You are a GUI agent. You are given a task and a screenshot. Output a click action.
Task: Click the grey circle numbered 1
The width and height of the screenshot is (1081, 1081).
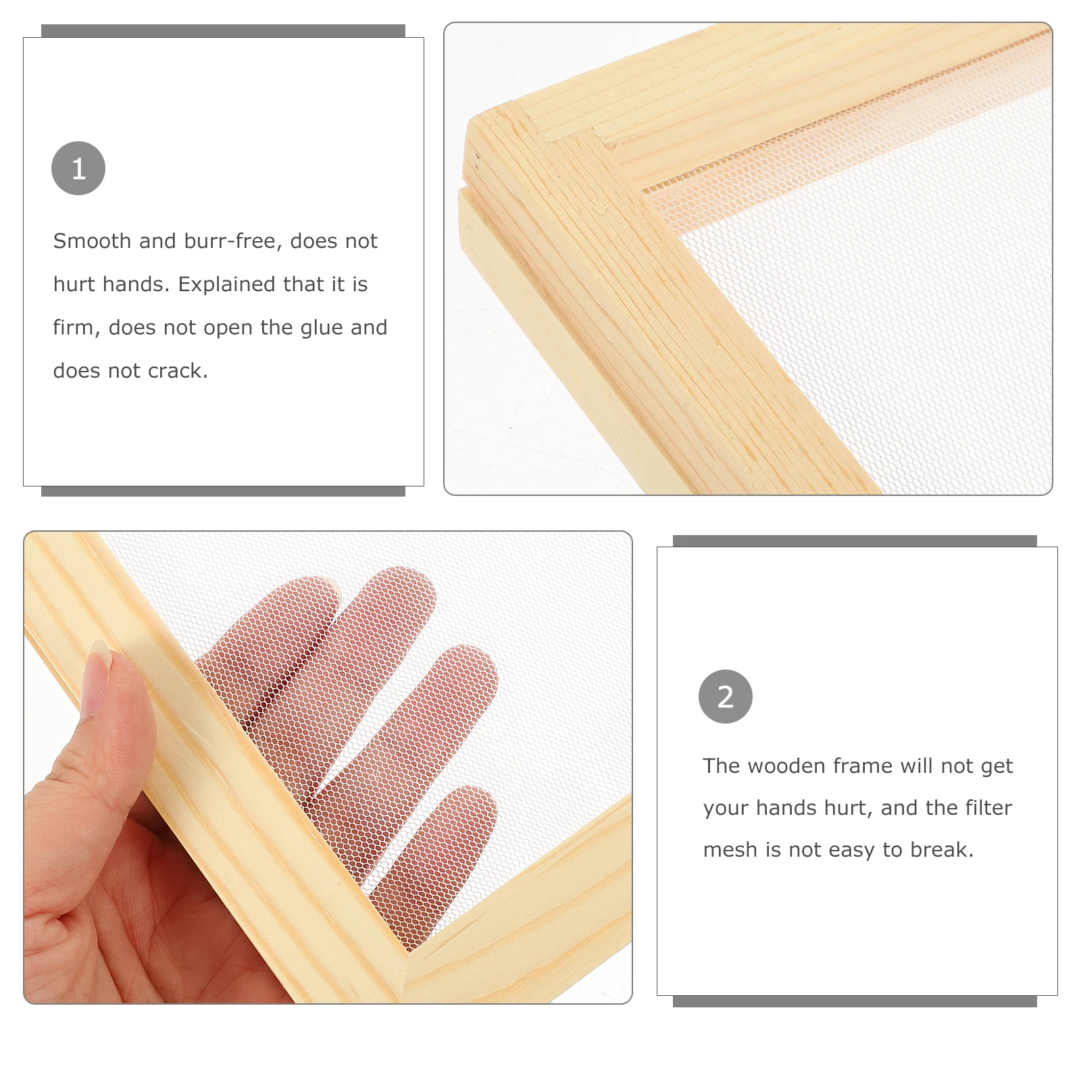pos(78,168)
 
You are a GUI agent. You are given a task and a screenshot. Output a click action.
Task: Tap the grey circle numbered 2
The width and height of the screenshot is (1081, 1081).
pos(726,697)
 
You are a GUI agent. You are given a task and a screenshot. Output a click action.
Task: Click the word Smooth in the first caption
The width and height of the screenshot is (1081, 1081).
pos(92,241)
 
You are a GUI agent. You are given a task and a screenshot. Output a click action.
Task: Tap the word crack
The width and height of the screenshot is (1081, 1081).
pos(178,371)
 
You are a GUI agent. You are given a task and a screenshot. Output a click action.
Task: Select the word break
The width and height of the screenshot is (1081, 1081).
pos(942,849)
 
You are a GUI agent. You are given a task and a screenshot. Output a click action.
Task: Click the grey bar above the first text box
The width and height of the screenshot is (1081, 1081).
pos(223,31)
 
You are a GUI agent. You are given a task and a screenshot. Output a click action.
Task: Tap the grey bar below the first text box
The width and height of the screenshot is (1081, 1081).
pos(223,491)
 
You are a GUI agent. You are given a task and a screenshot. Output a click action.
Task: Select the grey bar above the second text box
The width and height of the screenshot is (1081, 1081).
pos(855,541)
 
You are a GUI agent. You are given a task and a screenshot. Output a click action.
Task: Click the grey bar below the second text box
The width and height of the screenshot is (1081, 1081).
pos(855,1001)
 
